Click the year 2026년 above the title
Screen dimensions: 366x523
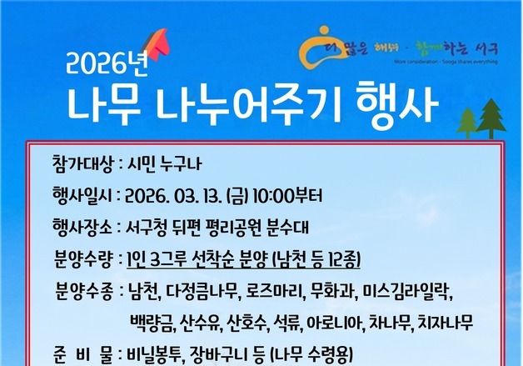[99, 62]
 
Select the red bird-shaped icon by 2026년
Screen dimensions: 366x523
[156, 42]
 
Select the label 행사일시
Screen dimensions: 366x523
[81, 196]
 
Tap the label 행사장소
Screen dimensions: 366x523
[81, 227]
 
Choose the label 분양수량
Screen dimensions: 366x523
[81, 258]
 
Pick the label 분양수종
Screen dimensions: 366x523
[81, 292]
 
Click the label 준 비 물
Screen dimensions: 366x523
[81, 355]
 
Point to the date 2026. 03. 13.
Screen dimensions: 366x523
[171, 196]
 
